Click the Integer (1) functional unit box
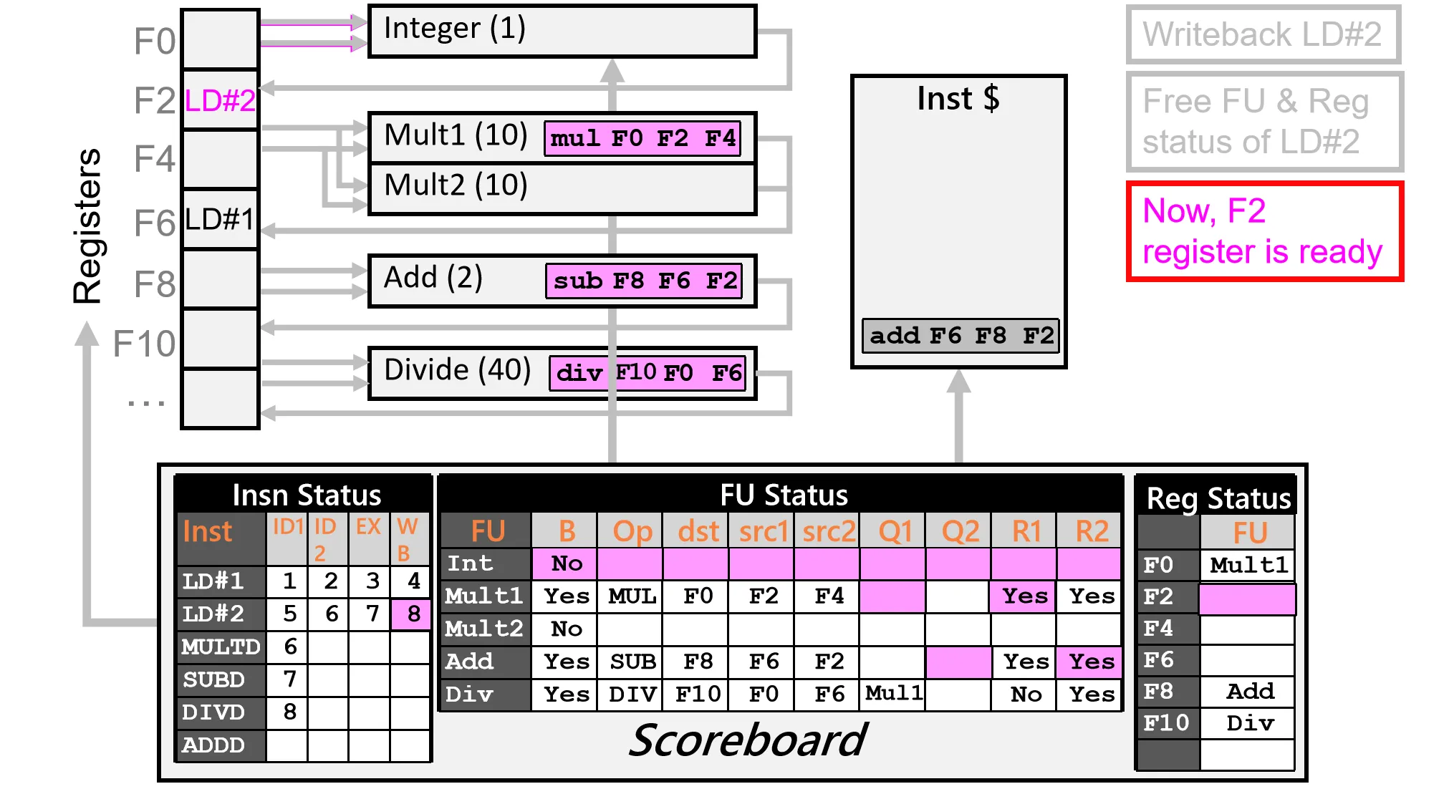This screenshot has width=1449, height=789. tap(562, 31)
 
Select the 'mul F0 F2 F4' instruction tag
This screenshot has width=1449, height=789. tap(642, 138)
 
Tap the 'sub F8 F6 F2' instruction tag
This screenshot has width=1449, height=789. tap(644, 281)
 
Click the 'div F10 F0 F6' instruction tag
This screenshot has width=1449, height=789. tap(648, 373)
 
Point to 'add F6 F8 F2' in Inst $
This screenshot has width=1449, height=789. tap(961, 336)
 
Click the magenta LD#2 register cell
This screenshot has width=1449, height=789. tap(220, 101)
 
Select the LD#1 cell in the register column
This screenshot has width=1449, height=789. tap(220, 219)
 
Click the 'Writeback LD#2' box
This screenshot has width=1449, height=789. tap(1263, 34)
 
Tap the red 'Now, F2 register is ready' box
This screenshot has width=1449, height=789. tap(1264, 231)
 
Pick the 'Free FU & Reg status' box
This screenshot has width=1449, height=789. tap(1264, 122)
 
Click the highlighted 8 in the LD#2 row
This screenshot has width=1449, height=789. tap(413, 614)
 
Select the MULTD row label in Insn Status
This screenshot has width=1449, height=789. tap(221, 647)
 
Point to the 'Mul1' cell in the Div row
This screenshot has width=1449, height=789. tap(893, 693)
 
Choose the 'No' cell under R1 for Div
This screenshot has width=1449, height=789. tap(1025, 694)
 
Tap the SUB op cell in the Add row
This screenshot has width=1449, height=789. tap(632, 662)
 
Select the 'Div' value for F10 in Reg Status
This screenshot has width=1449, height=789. tap(1249, 723)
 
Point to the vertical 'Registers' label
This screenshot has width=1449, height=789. tap(88, 226)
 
